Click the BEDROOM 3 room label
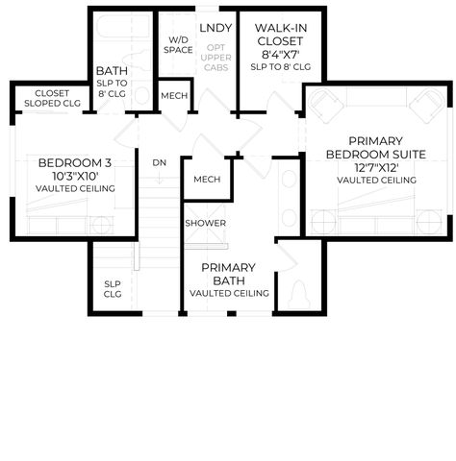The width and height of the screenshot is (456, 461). tap(75, 163)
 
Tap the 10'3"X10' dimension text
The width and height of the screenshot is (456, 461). tap(75, 176)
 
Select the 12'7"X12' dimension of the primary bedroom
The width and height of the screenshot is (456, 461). tap(376, 168)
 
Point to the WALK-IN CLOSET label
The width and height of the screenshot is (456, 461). tap(280, 35)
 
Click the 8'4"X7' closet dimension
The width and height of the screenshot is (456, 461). tap(280, 55)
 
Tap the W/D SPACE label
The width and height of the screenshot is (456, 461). tap(178, 45)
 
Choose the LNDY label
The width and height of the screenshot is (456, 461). tap(215, 28)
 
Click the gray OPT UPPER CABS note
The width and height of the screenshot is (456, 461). tap(215, 58)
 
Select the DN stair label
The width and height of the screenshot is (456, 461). tap(160, 163)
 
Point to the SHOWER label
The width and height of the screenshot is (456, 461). tap(206, 223)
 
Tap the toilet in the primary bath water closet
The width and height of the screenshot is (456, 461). tap(299, 295)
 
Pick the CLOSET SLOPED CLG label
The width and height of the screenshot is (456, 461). tap(52, 98)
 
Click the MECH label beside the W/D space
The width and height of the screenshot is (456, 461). tap(174, 96)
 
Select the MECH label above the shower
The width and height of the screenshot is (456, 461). tap(207, 180)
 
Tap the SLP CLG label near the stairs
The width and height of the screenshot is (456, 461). tap(113, 289)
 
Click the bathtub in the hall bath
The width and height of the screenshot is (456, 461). tap(124, 27)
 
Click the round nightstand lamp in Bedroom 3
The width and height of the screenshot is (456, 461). tap(101, 225)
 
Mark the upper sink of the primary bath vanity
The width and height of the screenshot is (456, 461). tap(289, 180)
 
